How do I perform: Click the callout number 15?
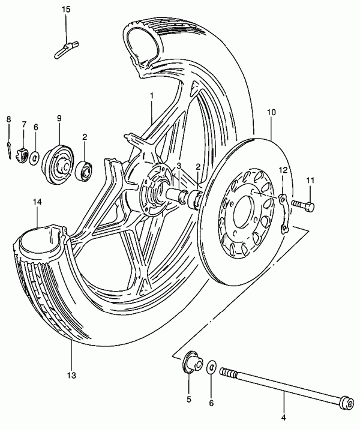pos(66,10)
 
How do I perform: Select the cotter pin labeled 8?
pos(10,150)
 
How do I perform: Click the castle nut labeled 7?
pos(23,155)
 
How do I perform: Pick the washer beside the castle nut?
pos(34,158)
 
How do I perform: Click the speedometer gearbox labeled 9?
pos(58,165)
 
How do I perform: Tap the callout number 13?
pos(71,375)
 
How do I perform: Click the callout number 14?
pos(37,202)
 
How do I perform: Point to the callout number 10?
pos(271,112)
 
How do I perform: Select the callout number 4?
pos(284,418)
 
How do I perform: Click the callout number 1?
pos(152,96)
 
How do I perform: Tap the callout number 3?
pos(179,166)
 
